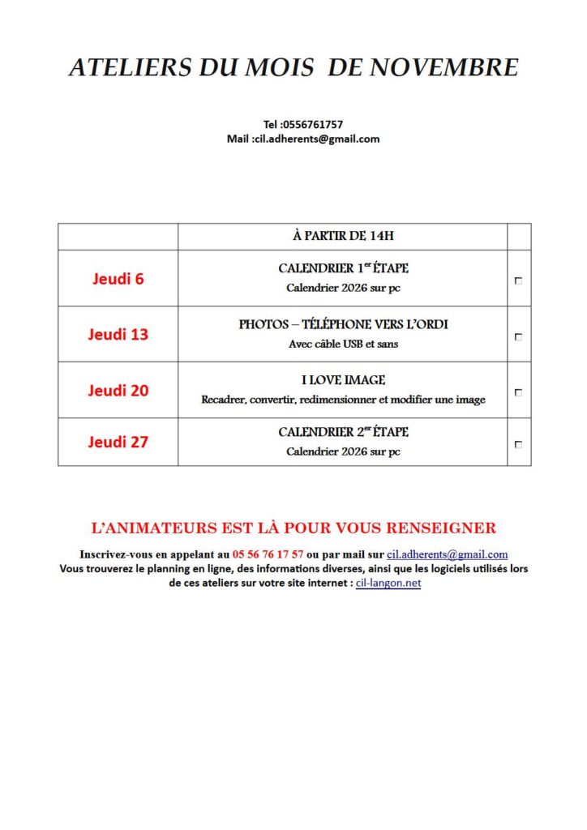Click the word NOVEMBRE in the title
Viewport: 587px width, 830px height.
tap(444, 67)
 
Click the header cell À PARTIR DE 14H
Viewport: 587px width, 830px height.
tap(343, 237)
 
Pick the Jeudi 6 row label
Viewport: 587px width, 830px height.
tap(118, 279)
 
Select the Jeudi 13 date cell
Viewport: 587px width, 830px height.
tap(118, 334)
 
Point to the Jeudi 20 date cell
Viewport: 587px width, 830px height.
tap(118, 390)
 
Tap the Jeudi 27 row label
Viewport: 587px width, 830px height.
tap(118, 442)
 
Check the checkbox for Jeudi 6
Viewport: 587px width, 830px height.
tap(518, 280)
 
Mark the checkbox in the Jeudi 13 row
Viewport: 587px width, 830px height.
tap(518, 336)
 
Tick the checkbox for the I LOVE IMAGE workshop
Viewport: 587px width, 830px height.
tap(518, 392)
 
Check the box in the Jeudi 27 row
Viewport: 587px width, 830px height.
tap(518, 444)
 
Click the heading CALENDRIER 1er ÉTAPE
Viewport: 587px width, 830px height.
tap(343, 268)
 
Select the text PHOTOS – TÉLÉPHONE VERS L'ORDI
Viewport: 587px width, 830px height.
tap(343, 324)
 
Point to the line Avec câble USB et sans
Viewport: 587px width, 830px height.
tap(343, 344)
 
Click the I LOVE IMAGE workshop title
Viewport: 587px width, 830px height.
tap(343, 380)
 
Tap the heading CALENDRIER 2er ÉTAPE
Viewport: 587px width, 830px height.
tap(343, 432)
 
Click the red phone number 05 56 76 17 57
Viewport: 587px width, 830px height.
tap(268, 554)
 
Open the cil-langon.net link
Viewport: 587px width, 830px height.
tap(388, 583)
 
